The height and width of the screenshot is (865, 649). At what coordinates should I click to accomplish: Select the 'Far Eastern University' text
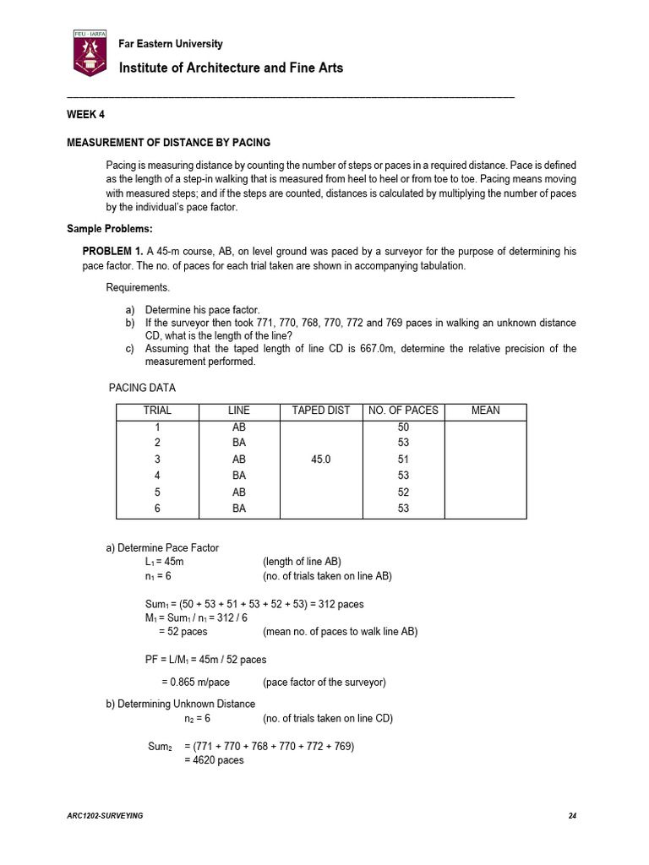(x=171, y=44)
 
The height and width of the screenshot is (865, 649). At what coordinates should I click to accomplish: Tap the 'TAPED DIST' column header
(x=320, y=411)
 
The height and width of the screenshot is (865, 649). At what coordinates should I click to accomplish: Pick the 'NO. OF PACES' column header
(x=403, y=411)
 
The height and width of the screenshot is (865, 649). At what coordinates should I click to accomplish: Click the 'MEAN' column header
(x=485, y=411)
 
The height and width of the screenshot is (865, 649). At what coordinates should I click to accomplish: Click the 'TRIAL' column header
(x=157, y=411)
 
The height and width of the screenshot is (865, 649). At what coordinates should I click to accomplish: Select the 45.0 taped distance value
(x=320, y=460)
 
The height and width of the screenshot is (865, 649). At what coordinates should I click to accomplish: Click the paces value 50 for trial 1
(x=403, y=427)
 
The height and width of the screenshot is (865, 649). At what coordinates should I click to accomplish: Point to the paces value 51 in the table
(x=403, y=460)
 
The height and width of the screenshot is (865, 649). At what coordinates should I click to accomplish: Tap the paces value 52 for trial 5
(x=403, y=492)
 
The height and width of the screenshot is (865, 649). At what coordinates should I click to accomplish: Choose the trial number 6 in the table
(x=157, y=509)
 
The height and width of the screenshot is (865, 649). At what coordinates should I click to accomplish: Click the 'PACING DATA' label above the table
(x=143, y=388)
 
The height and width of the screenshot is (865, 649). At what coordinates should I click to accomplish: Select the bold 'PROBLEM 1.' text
(x=112, y=251)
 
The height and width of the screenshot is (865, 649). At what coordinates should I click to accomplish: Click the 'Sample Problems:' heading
(x=110, y=229)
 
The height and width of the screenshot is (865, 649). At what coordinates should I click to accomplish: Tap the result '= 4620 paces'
(x=214, y=760)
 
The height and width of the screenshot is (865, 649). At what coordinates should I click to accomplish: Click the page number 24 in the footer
(x=572, y=815)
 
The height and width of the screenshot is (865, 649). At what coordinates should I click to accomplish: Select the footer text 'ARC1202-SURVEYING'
(x=105, y=815)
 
